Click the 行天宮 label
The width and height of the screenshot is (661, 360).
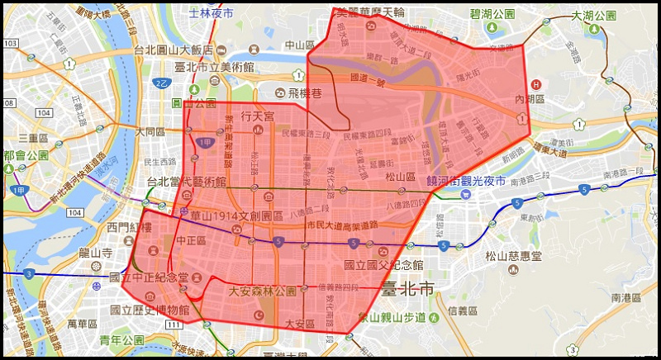[257, 116]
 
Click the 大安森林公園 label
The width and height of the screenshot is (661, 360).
[262, 291]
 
